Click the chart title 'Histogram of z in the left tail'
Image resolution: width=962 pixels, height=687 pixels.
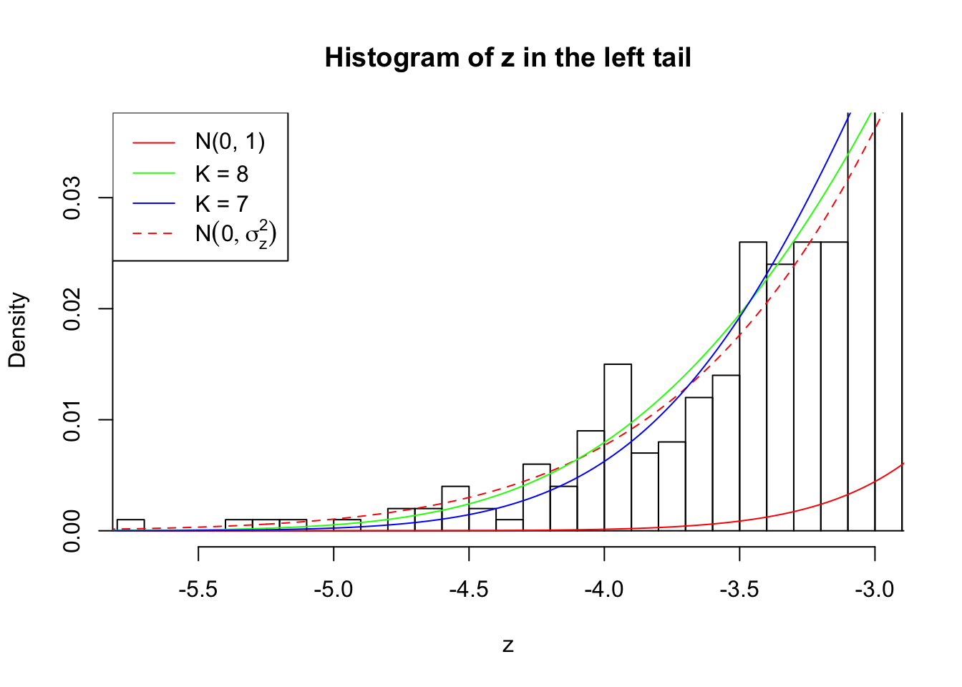pyautogui.click(x=507, y=58)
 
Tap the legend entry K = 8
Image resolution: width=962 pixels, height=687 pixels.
pyautogui.click(x=222, y=174)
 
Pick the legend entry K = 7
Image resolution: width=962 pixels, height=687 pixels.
pyautogui.click(x=222, y=205)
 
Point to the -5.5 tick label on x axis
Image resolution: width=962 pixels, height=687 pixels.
pyautogui.click(x=198, y=590)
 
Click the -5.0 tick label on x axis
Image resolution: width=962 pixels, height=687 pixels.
pyautogui.click(x=334, y=590)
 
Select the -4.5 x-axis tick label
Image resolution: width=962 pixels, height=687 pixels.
pyautogui.click(x=469, y=590)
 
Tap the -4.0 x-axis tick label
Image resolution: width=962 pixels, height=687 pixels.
pyautogui.click(x=604, y=590)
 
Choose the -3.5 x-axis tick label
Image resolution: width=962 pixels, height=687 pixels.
pyautogui.click(x=739, y=590)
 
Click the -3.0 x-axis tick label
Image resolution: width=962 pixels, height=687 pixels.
pyautogui.click(x=875, y=590)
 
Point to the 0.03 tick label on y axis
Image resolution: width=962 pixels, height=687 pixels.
pyautogui.click(x=72, y=198)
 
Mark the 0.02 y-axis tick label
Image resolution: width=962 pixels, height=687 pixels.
pyautogui.click(x=72, y=309)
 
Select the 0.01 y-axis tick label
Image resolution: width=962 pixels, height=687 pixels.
pyautogui.click(x=72, y=420)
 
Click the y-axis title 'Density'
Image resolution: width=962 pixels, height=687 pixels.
pyautogui.click(x=17, y=330)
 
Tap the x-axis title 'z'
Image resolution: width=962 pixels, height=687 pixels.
pyautogui.click(x=507, y=645)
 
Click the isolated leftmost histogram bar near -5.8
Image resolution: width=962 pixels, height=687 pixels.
pyautogui.click(x=131, y=525)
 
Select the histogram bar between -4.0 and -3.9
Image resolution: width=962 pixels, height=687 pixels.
pyautogui.click(x=618, y=447)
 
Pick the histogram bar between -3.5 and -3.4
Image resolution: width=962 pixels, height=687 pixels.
pyautogui.click(x=753, y=386)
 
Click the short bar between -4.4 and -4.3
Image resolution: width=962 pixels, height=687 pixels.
pyautogui.click(x=510, y=525)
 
